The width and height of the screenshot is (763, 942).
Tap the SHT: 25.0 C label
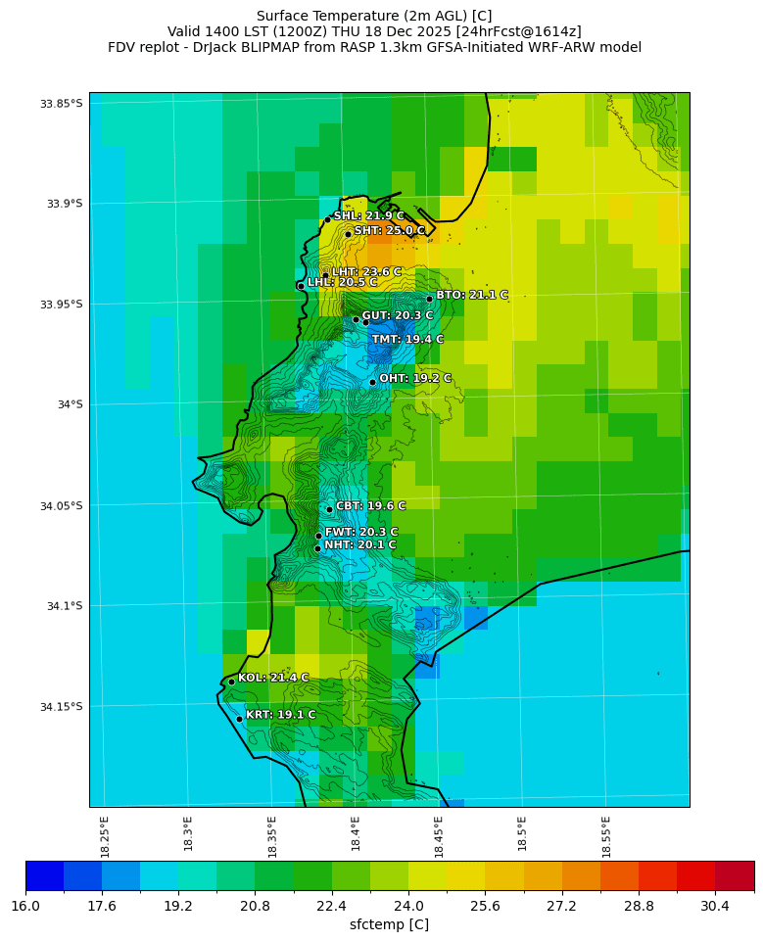[389, 230]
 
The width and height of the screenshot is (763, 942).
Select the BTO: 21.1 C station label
[471, 295]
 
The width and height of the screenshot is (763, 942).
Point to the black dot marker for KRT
[239, 719]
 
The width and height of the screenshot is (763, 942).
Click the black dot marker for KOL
[231, 682]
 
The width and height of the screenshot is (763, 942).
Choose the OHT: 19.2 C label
[415, 378]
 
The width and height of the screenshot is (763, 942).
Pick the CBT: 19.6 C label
[370, 506]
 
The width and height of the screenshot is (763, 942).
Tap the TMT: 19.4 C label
[406, 339]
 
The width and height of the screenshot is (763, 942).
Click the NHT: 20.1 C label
[359, 544]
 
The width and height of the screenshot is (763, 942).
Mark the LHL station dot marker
[301, 286]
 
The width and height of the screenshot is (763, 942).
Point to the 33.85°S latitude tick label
[62, 104]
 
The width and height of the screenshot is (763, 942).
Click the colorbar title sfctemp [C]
[389, 924]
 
